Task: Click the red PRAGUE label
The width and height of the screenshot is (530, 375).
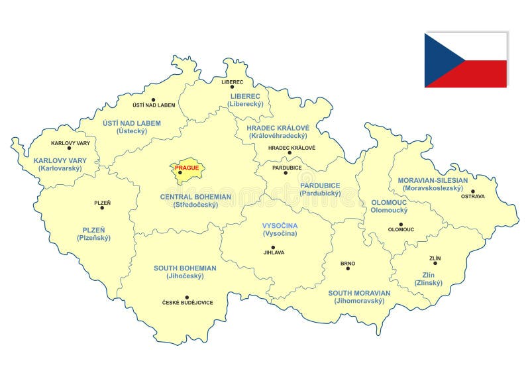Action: pos(186,168)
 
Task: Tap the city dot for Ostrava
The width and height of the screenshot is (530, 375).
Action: pos(473,191)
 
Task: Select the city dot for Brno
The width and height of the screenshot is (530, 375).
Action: pos(348,270)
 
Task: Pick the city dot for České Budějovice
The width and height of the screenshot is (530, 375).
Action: pos(187,297)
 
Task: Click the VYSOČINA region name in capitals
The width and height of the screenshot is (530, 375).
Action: pos(280,226)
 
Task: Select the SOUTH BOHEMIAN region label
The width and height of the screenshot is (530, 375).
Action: pos(185,268)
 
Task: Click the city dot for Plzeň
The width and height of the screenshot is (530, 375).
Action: pos(102,208)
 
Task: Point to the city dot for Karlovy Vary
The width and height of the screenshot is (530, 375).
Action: pos(70,148)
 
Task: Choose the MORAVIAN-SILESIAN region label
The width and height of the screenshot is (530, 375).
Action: pos(433,180)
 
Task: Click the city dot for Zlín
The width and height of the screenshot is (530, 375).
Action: pos(435,263)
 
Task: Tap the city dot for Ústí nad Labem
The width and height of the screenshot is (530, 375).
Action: pos(154,100)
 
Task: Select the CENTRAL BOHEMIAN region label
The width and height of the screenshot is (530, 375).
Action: pos(195,197)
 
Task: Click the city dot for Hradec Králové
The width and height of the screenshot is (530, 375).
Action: pos(290,153)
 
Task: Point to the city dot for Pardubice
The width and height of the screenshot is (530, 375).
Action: pos(286,173)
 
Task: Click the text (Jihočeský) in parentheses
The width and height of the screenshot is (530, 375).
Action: pos(185,276)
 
